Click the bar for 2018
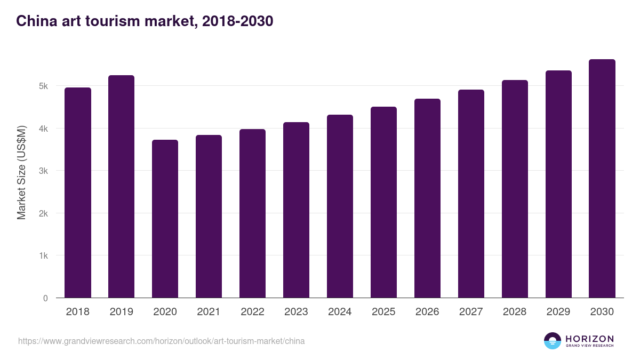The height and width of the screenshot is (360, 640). pos(78,193)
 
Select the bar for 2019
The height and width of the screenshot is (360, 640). pos(122,187)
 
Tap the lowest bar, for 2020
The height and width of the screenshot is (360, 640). pos(165,219)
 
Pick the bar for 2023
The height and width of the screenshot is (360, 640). pos(296,210)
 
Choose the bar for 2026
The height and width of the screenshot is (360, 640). pos(427,198)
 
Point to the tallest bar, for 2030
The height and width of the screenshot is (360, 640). pos(602,179)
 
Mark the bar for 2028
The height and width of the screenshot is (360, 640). pos(515,189)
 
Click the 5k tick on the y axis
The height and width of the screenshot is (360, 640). pos(43,86)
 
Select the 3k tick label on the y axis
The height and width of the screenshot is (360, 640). pos(43,171)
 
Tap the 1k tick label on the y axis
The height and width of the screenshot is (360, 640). pos(43,256)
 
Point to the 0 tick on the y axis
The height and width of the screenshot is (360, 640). pos(46,298)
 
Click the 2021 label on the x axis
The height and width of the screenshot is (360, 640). pos(209,312)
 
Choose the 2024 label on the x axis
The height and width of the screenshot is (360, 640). pos(340,312)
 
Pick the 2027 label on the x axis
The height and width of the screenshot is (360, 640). pos(471,312)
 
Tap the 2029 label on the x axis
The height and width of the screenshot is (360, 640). pos(558,312)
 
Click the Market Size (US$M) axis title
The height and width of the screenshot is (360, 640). pos(21,172)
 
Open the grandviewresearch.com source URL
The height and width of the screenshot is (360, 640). pos(162,341)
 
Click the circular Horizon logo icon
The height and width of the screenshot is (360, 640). pos(553,341)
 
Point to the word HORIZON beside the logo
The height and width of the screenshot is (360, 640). pos(589,339)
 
